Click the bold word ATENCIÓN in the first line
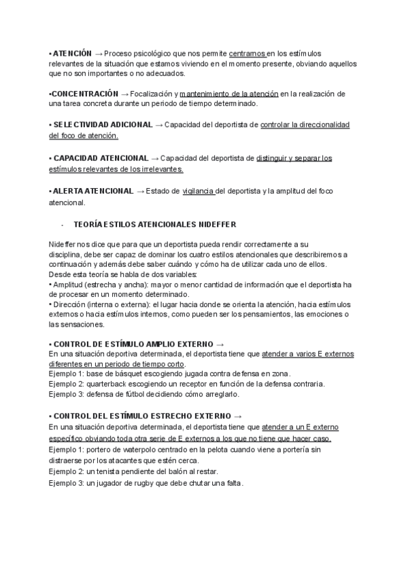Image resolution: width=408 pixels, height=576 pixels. pyautogui.click(x=72, y=52)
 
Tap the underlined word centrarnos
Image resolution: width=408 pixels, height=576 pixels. pyautogui.click(x=247, y=53)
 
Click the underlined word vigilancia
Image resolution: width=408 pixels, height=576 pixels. pyautogui.click(x=199, y=192)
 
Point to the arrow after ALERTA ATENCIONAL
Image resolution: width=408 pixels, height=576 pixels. pyautogui.click(x=141, y=192)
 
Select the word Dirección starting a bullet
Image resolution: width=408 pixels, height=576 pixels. pyautogui.click(x=70, y=304)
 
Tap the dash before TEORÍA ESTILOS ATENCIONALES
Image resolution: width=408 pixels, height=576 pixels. pyautogui.click(x=63, y=225)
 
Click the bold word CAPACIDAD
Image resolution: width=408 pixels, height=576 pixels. pyautogui.click(x=76, y=158)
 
